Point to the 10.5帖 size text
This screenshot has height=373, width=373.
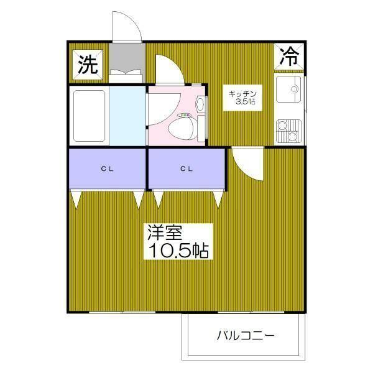[178, 251]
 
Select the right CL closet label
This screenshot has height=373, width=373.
[185, 168]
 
